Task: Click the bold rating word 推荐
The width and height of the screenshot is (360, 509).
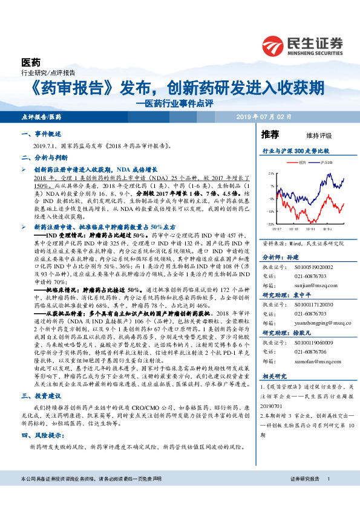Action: tap(270, 134)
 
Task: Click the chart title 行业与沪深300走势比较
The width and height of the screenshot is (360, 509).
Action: tap(295, 150)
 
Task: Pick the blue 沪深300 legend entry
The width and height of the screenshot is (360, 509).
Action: tap(324, 163)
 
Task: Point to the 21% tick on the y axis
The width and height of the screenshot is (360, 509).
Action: tap(271, 173)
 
